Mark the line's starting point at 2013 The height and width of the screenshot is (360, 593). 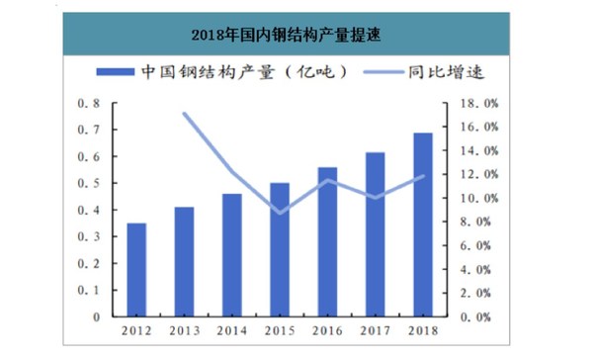[x=185, y=114]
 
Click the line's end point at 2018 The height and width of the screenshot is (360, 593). [x=424, y=176]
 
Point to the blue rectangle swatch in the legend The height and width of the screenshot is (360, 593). [x=115, y=74]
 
